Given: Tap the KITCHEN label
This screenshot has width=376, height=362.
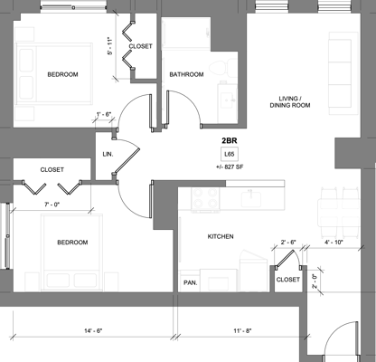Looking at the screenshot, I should (x=221, y=236).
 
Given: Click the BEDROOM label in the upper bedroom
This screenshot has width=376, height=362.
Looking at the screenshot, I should (x=62, y=74).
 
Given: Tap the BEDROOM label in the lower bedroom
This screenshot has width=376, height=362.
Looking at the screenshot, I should (x=72, y=243).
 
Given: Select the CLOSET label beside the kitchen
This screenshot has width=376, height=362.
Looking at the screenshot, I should (x=287, y=280).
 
